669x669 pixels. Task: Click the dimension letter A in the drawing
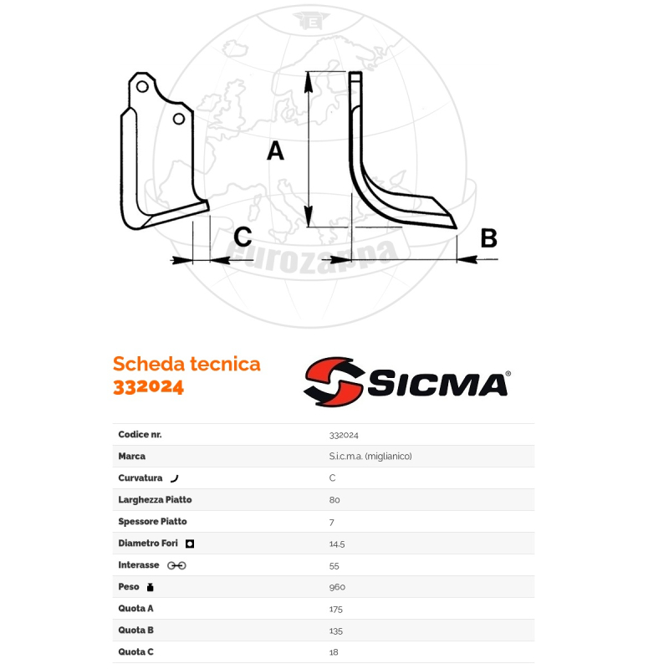tap(275, 151)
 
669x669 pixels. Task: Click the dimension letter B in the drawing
tap(488, 238)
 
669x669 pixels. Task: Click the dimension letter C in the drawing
tap(242, 237)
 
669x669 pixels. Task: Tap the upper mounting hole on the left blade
tap(144, 87)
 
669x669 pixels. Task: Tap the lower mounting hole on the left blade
tap(178, 120)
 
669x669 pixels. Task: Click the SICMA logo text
tap(437, 385)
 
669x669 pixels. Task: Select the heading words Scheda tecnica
tap(186, 364)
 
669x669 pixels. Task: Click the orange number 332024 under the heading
tap(148, 387)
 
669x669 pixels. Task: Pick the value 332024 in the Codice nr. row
tap(344, 435)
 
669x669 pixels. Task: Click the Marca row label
tap(132, 457)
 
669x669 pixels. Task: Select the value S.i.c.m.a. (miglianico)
tap(370, 457)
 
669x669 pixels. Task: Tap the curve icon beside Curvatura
tap(174, 478)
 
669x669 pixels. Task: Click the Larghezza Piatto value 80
tap(334, 500)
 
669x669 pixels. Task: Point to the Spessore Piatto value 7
tap(332, 522)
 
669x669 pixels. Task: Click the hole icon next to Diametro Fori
tap(190, 544)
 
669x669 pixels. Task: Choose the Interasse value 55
tap(334, 565)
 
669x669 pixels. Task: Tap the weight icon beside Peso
tap(151, 587)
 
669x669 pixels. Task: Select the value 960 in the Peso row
tap(337, 587)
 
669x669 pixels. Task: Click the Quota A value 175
tap(336, 609)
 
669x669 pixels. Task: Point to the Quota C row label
tap(136, 652)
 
